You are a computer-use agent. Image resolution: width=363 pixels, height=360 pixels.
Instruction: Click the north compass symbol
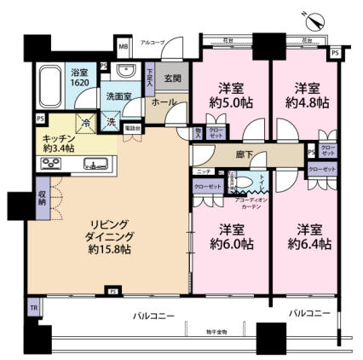[307, 13]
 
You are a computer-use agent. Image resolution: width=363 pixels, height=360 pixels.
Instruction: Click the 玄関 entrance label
[173, 79]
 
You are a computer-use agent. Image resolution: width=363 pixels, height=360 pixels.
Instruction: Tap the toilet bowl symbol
[257, 183]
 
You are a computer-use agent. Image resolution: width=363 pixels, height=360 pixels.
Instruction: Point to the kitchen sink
[95, 165]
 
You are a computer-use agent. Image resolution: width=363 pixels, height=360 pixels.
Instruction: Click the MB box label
[124, 46]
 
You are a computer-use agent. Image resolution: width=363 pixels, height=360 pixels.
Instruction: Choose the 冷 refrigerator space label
[87, 120]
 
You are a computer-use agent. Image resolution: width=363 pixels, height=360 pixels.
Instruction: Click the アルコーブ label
[153, 42]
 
